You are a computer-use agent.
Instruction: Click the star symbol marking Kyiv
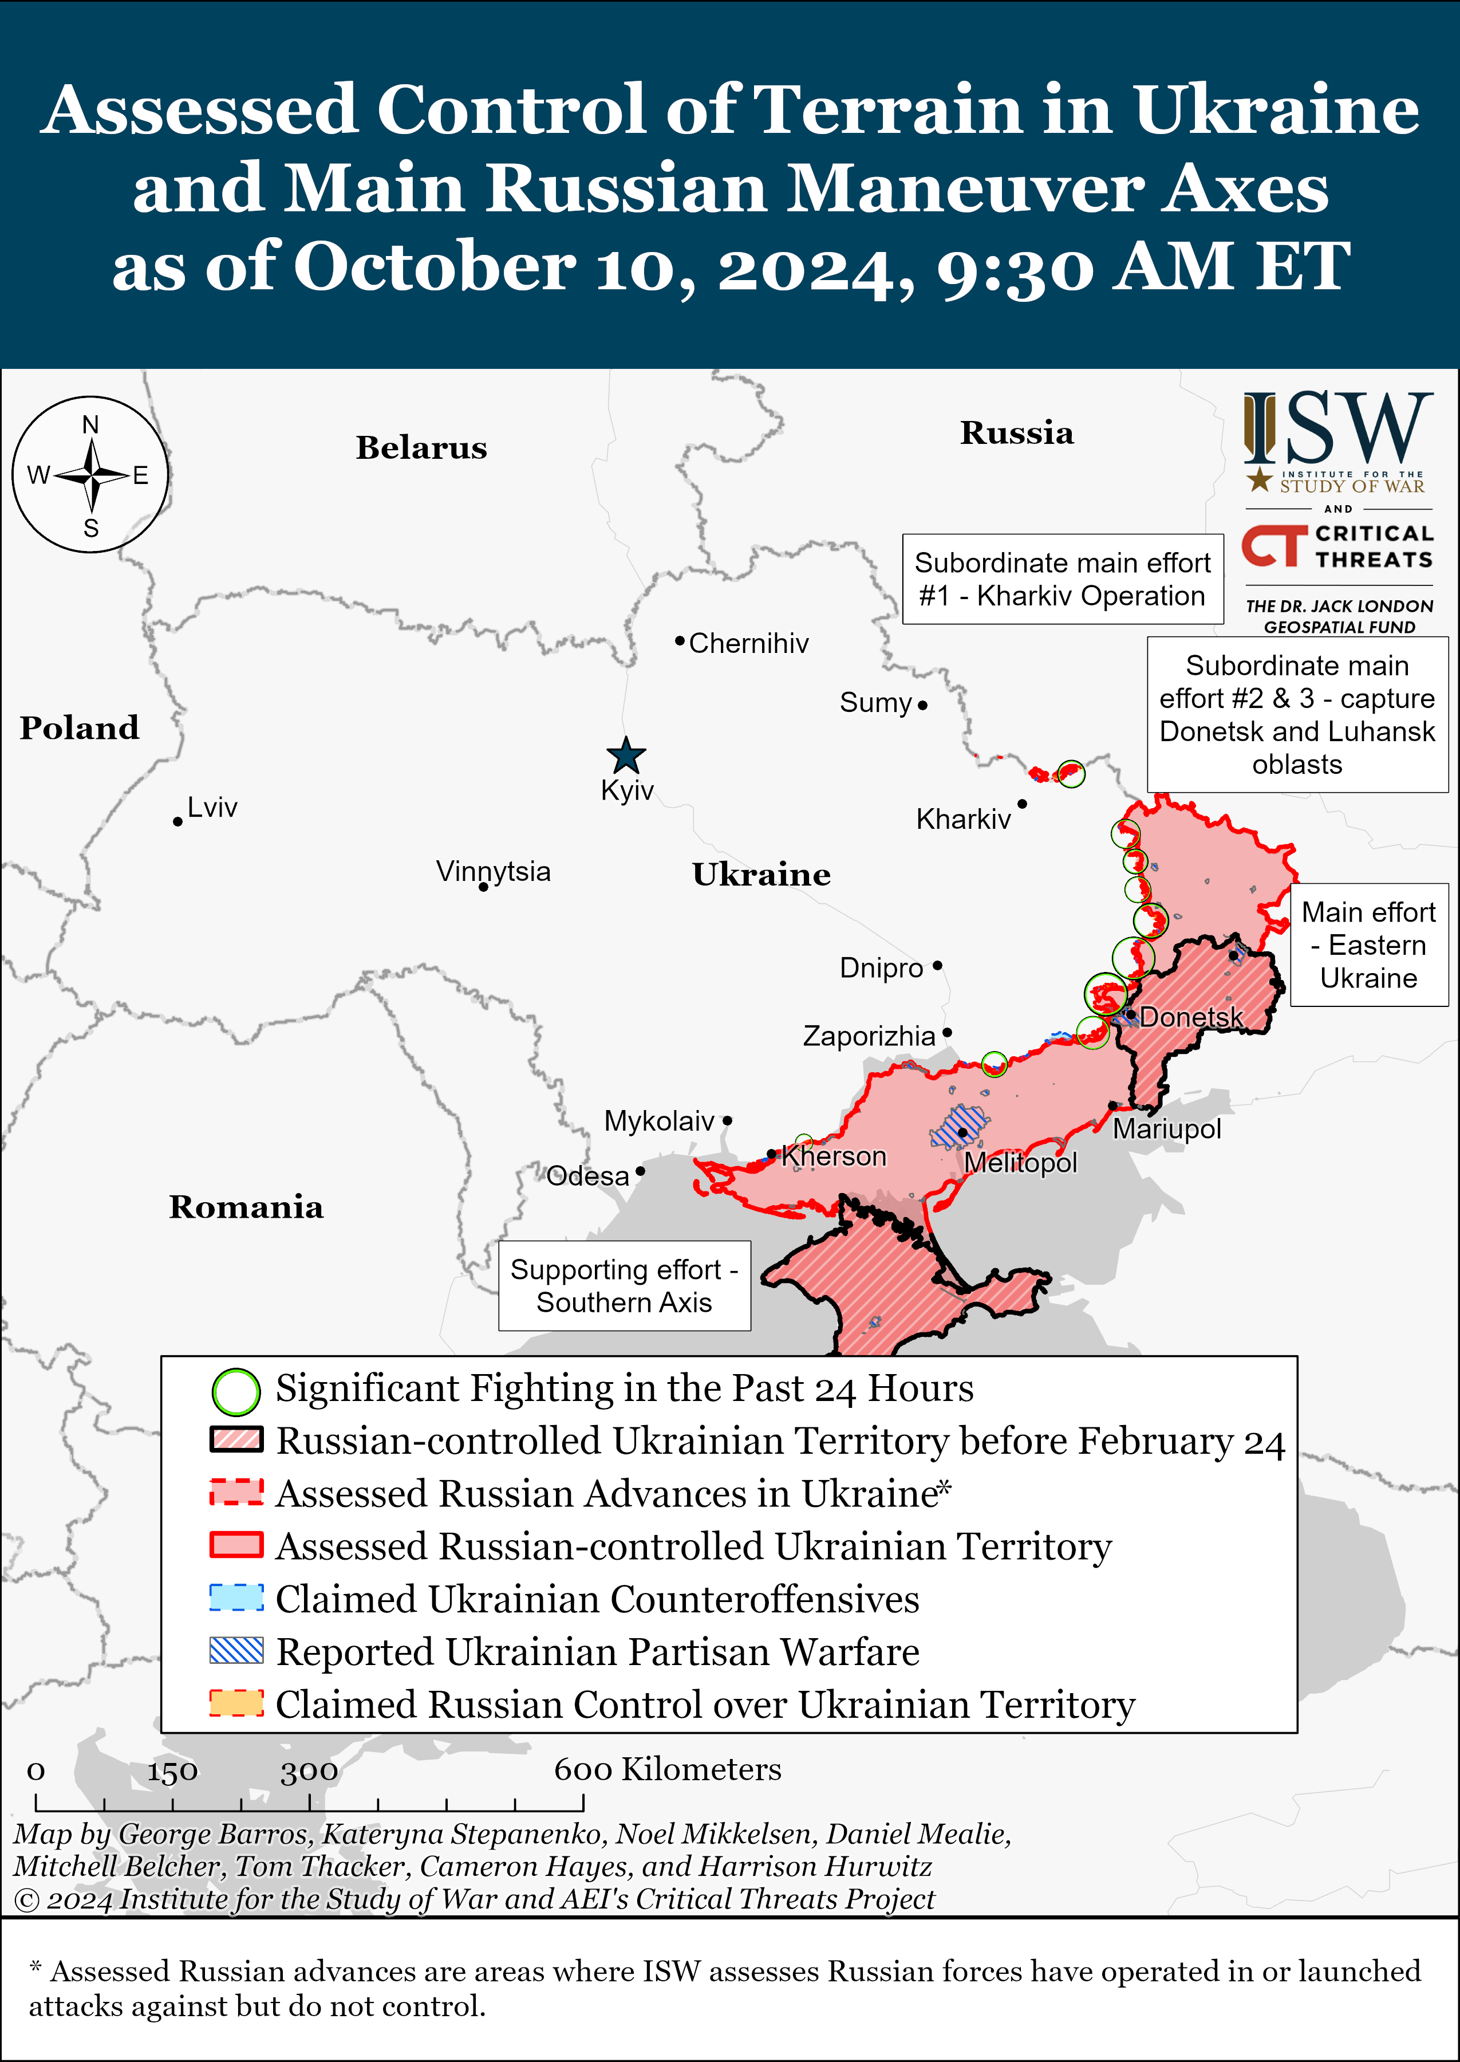pyautogui.click(x=626, y=755)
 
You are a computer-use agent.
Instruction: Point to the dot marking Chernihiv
pyautogui.click(x=680, y=640)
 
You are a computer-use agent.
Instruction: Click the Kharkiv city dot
pyautogui.click(x=1021, y=803)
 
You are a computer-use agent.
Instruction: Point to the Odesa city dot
pyautogui.click(x=640, y=1171)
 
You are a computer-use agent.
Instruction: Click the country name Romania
pyautogui.click(x=246, y=1207)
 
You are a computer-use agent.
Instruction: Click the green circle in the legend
pyautogui.click(x=235, y=1391)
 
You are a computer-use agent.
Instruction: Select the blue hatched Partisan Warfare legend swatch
pyautogui.click(x=235, y=1651)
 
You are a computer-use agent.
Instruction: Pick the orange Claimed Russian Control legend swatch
pyautogui.click(x=235, y=1703)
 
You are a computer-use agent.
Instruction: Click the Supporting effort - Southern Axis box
pyautogui.click(x=624, y=1285)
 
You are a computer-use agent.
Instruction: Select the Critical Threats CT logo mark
pyautogui.click(x=1274, y=546)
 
